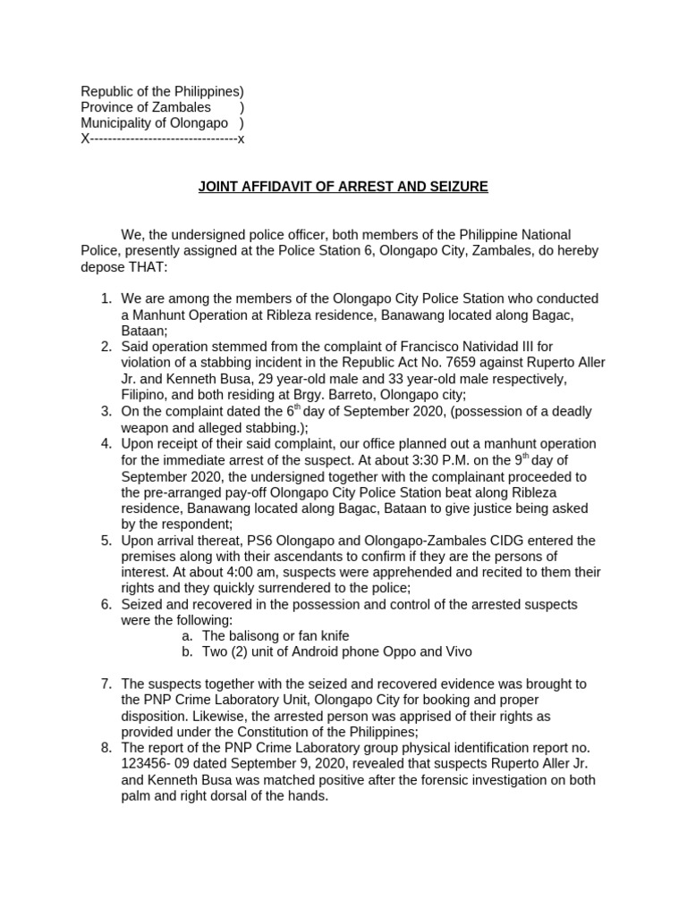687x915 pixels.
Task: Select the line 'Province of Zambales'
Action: click(x=146, y=107)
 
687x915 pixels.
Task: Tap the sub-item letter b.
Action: click(x=186, y=652)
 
